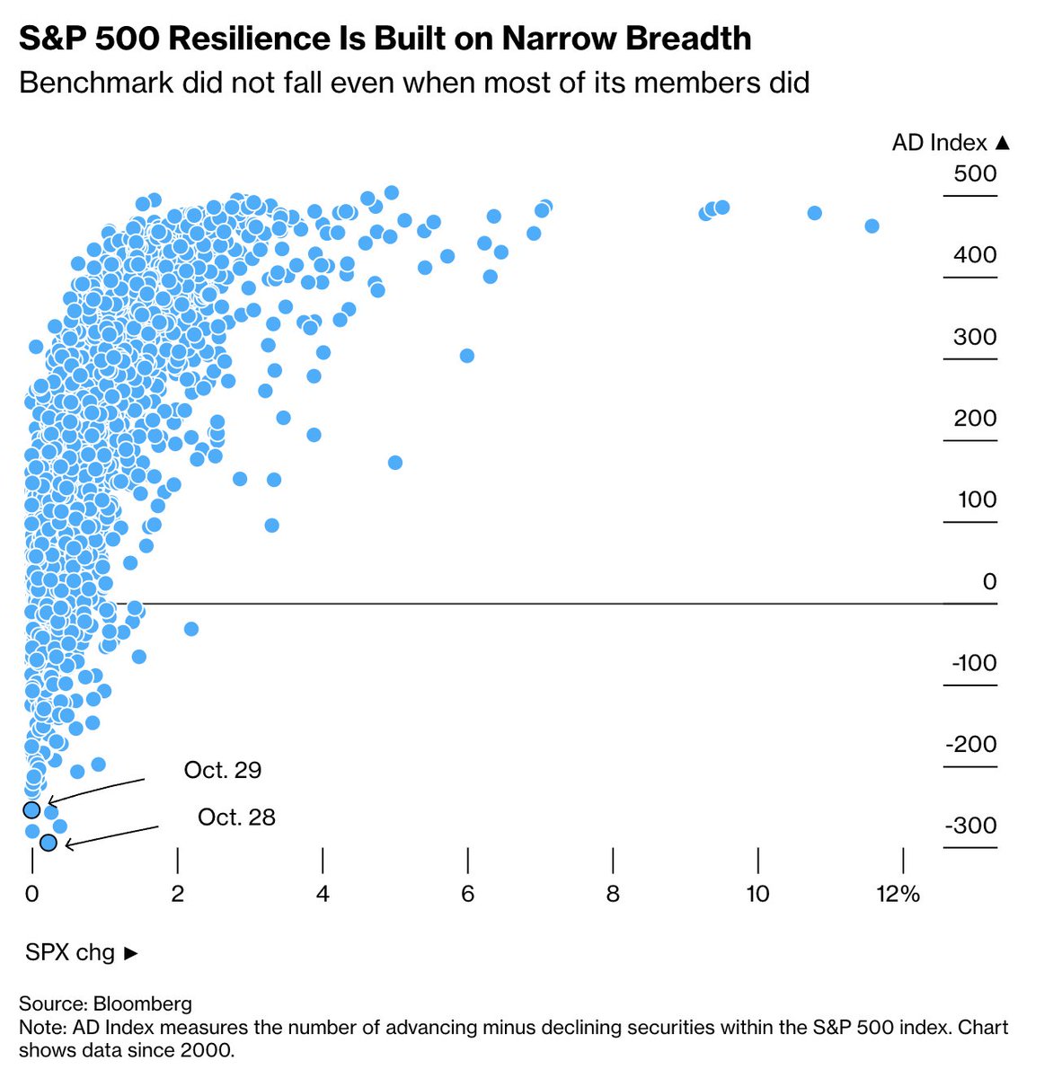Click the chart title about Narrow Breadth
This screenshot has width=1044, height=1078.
[x=385, y=38]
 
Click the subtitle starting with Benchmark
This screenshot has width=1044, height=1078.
[x=414, y=83]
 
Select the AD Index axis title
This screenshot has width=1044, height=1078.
[x=951, y=143]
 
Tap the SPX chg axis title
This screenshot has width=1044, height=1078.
[x=82, y=952]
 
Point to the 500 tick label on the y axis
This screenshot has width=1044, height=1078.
[x=975, y=173]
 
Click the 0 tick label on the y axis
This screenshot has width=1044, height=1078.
[x=989, y=582]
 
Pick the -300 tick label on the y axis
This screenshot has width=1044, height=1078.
[x=970, y=826]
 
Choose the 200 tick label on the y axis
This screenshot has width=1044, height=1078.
[x=975, y=419]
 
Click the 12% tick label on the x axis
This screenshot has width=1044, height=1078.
[x=898, y=894]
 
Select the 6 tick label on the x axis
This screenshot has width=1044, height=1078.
[x=467, y=894]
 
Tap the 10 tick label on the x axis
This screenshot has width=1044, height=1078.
[x=757, y=894]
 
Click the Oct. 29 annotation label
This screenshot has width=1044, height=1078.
[x=223, y=770]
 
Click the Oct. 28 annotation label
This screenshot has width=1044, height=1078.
[x=236, y=817]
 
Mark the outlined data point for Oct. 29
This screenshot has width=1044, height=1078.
[x=31, y=810]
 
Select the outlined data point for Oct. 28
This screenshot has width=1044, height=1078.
[x=49, y=843]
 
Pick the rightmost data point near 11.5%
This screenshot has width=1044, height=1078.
[x=871, y=225]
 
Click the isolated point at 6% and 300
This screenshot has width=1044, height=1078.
[x=467, y=356]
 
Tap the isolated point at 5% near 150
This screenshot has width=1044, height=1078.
[x=394, y=463]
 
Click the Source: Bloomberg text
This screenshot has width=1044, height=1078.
[x=105, y=1003]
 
